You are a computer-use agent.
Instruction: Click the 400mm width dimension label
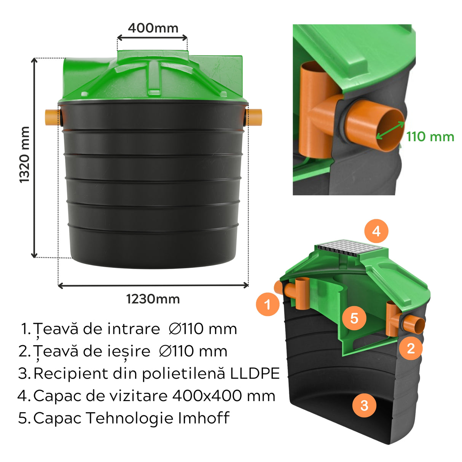pos(153,28)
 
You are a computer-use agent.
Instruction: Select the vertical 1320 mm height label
pos(24,155)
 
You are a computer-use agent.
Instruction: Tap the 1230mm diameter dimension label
pos(153,299)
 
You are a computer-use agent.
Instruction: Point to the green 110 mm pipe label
pos(430,137)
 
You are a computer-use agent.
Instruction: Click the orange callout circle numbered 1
pos(268,304)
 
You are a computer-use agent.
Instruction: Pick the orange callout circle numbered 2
pos(411,348)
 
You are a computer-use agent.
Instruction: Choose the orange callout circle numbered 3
pos(364,405)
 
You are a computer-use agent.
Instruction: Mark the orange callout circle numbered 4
pos(376,231)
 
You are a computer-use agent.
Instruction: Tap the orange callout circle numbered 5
pos(354,318)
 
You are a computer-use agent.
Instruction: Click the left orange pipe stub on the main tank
pos(51,117)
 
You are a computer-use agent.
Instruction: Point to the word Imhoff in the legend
pos(204,418)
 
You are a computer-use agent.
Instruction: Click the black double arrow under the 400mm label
pos(152,38)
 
